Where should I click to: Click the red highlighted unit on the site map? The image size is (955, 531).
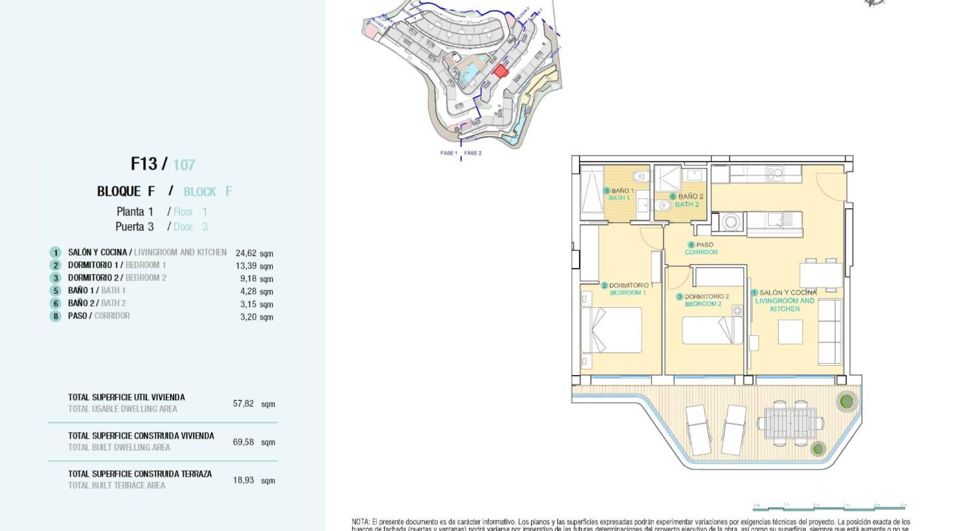501,70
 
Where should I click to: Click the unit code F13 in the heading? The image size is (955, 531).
143,163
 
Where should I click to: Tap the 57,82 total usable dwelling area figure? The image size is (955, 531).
243,404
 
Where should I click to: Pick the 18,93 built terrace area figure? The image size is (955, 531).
243,480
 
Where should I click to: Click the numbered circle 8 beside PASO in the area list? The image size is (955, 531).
56,317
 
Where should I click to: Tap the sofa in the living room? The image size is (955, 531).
829,331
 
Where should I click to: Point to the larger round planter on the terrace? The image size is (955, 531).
846,400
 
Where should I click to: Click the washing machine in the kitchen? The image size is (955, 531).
731,222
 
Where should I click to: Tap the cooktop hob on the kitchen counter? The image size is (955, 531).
775,174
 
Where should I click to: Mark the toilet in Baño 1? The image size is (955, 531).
639,176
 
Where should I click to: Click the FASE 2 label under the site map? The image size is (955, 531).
473,153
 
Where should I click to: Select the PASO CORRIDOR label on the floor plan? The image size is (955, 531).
701,248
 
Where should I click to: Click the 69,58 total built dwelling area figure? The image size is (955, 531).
243,442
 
